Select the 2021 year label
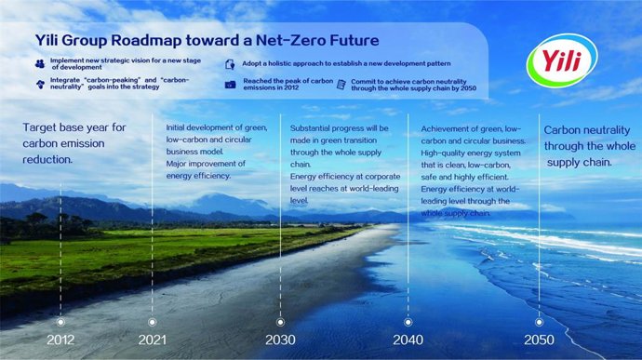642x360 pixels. (x=153, y=340)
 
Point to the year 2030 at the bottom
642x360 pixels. (x=280, y=340)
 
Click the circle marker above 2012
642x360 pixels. (x=61, y=318)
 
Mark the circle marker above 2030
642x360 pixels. (x=280, y=318)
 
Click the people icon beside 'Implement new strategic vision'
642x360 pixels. (x=39, y=61)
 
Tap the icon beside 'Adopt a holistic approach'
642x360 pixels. (x=231, y=64)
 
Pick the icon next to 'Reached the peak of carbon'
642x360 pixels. (x=231, y=85)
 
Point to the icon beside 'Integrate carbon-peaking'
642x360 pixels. (x=39, y=83)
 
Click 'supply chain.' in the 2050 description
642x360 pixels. (x=578, y=162)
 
